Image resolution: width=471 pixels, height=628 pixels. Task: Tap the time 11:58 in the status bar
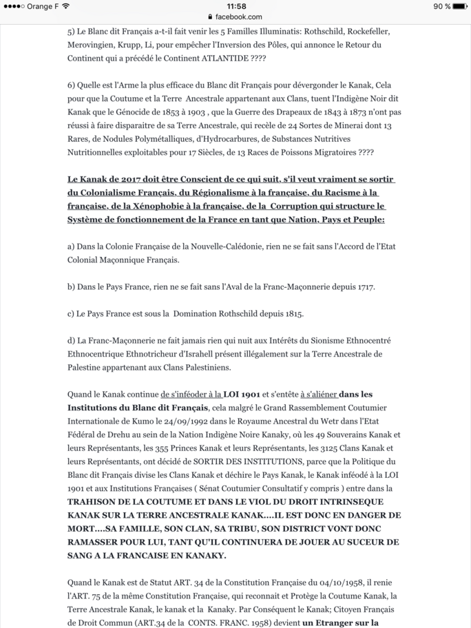[x=235, y=6]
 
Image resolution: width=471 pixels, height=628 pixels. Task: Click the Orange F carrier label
[x=43, y=6]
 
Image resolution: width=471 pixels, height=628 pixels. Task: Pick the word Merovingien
[x=93, y=45]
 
